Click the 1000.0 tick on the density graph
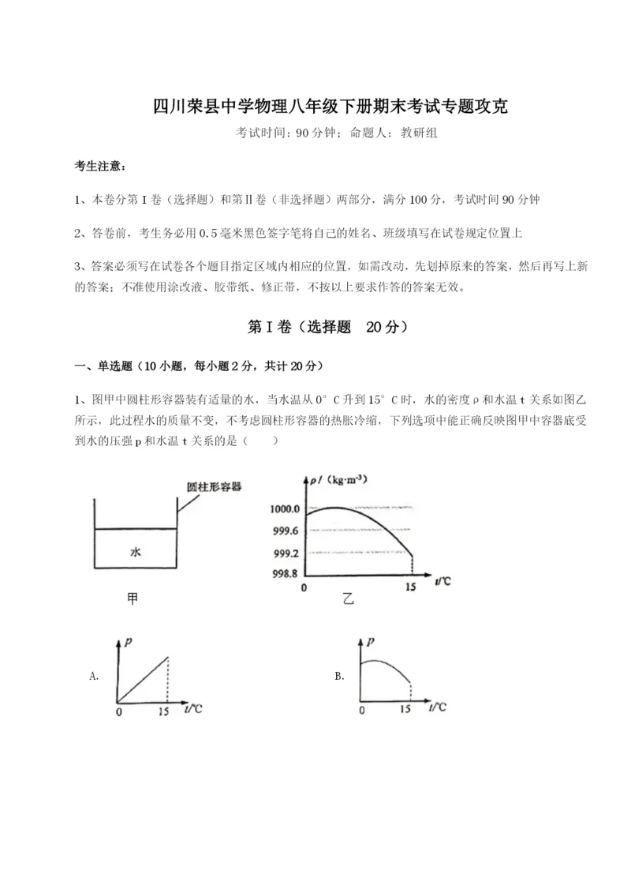(284, 508)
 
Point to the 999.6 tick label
(284, 530)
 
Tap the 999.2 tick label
(284, 552)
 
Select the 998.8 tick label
(284, 574)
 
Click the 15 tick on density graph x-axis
(410, 587)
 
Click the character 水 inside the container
(135, 553)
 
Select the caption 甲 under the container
(133, 599)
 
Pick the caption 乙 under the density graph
(348, 599)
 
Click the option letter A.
(94, 675)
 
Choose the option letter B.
(339, 675)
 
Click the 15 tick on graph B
(405, 710)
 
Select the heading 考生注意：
(99, 167)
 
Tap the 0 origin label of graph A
(118, 711)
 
